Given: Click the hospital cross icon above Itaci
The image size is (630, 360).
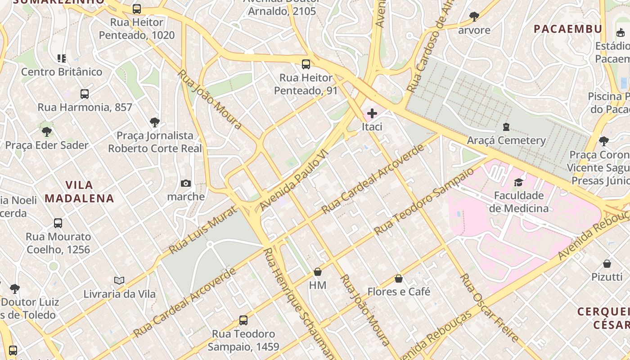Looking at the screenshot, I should click(x=372, y=113).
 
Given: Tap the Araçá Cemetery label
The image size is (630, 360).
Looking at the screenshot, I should click(x=506, y=140).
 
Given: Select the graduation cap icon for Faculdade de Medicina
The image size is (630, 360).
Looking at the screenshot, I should click(x=519, y=182).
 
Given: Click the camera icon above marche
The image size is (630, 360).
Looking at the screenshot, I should click(x=185, y=183).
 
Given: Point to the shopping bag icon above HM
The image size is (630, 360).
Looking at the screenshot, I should click(x=318, y=272).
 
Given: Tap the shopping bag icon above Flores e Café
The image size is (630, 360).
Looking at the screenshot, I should click(x=398, y=279).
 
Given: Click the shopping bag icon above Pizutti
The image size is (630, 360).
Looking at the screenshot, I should click(x=607, y=263).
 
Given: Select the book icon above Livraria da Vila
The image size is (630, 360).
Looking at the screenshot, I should click(x=119, y=280).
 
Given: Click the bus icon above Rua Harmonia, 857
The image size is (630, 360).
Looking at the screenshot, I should click(x=85, y=94).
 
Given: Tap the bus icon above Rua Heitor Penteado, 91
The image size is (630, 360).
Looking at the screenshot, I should click(x=306, y=64).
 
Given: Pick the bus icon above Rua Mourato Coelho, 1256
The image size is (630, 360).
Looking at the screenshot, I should click(x=58, y=223).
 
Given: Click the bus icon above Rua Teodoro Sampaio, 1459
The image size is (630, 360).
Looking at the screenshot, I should click(x=243, y=320).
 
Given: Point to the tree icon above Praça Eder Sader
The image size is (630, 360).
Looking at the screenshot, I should click(x=47, y=132).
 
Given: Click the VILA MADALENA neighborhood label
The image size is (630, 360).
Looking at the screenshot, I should click(x=79, y=192).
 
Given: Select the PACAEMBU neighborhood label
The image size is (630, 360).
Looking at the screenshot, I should click(x=568, y=29).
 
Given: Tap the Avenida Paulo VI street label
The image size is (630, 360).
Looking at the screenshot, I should click(x=295, y=180).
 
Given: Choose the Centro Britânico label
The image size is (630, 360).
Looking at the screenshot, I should click(x=62, y=72).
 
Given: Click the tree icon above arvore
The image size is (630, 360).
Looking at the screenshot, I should click(x=474, y=17).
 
